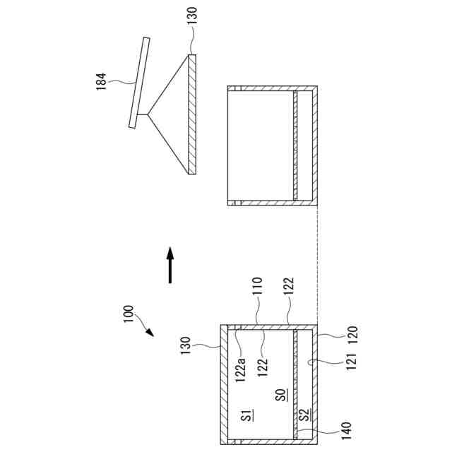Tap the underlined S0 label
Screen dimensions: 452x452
280,395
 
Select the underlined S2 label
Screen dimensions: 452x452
304,415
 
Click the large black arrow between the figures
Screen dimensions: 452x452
169,265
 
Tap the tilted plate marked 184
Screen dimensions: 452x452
138,83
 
